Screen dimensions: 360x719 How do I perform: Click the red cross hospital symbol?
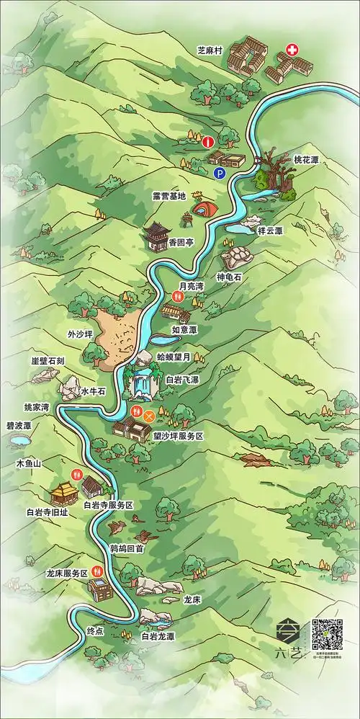pyautogui.click(x=292, y=50)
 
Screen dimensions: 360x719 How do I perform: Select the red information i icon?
pyautogui.click(x=207, y=141)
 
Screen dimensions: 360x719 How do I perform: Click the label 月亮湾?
pyautogui.click(x=191, y=286)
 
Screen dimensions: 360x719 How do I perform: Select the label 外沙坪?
pyautogui.click(x=80, y=334)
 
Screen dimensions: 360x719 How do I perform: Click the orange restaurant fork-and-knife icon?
pyautogui.click(x=150, y=416)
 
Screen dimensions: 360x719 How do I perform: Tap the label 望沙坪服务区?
pyautogui.click(x=179, y=437)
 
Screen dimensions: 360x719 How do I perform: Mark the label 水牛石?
pyautogui.click(x=94, y=390)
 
